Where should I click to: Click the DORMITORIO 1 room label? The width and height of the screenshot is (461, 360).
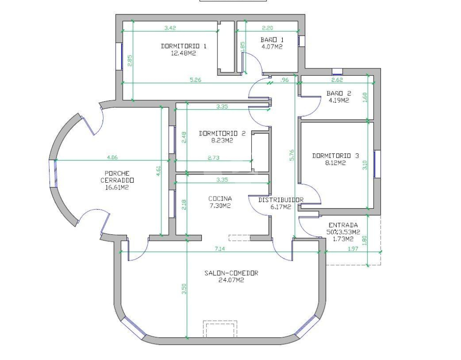(x=184, y=46)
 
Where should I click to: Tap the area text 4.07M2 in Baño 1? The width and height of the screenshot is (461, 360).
(x=272, y=47)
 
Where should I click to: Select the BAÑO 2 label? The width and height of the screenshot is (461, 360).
(x=339, y=94)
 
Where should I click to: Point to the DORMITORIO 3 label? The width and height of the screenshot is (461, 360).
(x=335, y=156)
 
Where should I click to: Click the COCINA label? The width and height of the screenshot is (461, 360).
(x=220, y=198)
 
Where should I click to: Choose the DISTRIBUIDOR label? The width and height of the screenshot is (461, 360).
(x=281, y=200)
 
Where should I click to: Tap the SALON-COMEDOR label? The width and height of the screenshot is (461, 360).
(x=231, y=273)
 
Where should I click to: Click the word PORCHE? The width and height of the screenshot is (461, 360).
(x=117, y=173)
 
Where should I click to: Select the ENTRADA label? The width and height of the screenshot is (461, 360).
(x=343, y=225)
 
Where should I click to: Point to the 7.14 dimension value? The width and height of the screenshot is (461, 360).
(x=220, y=249)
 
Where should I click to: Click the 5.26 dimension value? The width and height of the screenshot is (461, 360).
(x=195, y=80)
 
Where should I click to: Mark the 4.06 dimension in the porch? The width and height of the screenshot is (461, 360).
(x=112, y=157)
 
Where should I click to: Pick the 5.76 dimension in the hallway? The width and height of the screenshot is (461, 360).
(x=291, y=155)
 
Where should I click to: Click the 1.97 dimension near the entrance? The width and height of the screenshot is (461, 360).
(x=353, y=248)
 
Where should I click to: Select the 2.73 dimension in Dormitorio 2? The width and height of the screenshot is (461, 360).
(x=213, y=158)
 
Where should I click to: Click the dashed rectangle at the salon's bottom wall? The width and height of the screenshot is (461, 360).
(x=220, y=329)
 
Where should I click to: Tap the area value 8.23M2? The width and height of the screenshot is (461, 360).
(x=222, y=140)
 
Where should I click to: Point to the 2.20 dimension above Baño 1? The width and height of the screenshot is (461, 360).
(x=267, y=28)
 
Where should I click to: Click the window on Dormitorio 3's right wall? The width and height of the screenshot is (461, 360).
(x=377, y=164)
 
